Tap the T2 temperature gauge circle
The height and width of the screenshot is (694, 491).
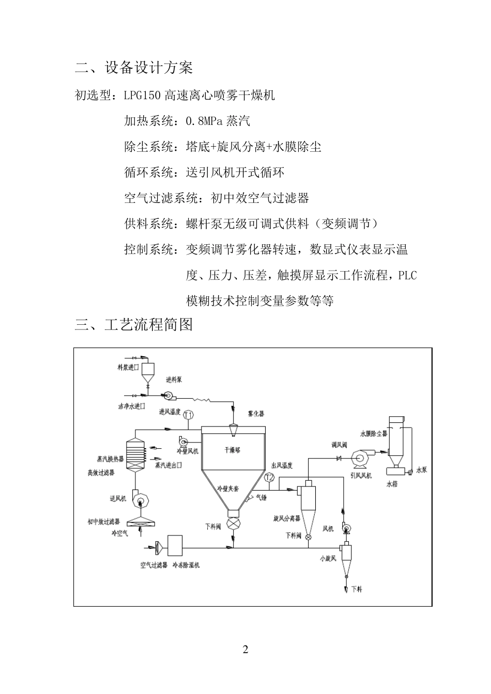click(x=269, y=478)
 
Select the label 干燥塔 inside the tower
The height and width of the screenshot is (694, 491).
click(x=232, y=450)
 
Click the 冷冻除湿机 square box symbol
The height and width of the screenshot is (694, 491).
click(x=175, y=545)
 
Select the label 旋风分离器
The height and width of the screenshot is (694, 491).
click(x=286, y=518)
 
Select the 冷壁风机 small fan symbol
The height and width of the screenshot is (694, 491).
click(x=183, y=441)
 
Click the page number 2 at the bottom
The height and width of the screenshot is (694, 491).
click(x=245, y=650)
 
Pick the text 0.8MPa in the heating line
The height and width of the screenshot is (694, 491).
click(x=204, y=121)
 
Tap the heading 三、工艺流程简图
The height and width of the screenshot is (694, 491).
click(x=134, y=324)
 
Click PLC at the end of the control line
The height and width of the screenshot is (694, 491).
click(x=407, y=275)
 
